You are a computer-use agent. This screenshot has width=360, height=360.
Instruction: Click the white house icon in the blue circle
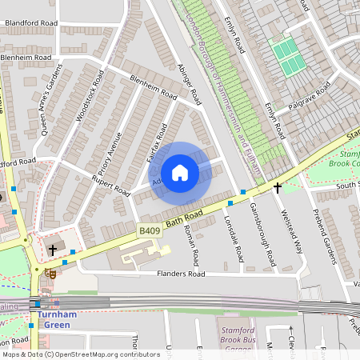[180, 172]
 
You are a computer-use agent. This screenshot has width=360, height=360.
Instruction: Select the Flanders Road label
[180, 274]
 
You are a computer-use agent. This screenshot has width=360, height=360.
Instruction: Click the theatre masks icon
[50, 272]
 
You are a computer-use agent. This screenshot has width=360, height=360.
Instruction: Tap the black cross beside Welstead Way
[278, 187]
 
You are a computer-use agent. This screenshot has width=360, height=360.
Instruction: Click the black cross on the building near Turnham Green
[52, 250]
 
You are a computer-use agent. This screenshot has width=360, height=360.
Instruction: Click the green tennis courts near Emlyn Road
[284, 52]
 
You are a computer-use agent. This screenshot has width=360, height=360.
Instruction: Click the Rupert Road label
[110, 186]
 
